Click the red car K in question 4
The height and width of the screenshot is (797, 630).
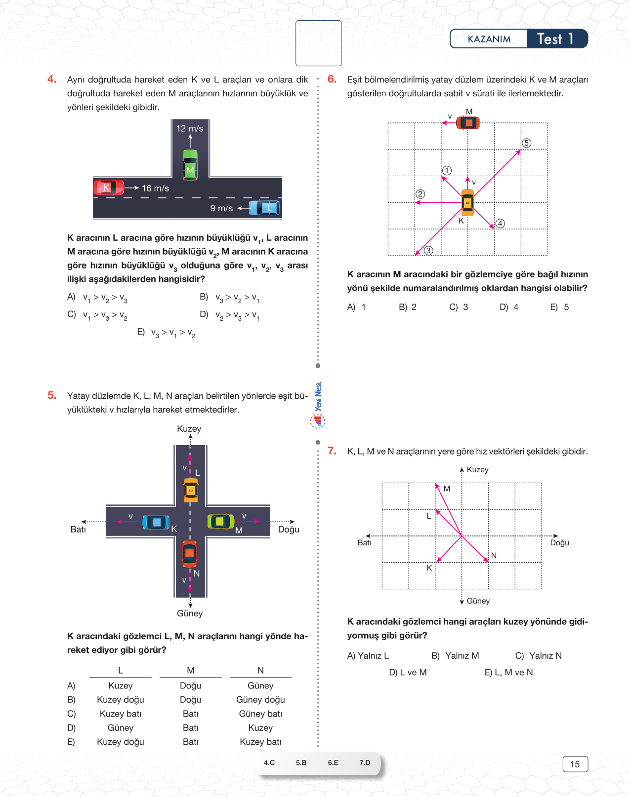coord(109,188)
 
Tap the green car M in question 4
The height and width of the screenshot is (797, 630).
coord(190,165)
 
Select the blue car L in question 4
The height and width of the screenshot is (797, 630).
coord(265,208)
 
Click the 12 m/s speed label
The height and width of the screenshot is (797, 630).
coord(190,128)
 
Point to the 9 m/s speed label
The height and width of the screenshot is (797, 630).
coord(221,208)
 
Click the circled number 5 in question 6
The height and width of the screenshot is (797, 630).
coord(527,143)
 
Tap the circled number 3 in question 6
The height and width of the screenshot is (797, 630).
coord(428,251)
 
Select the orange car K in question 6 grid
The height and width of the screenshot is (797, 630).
coord(467,202)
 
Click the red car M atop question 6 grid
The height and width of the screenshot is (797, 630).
coord(468,123)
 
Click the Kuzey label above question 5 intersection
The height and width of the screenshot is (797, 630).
coord(189,429)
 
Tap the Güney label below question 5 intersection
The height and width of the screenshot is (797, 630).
coord(190,613)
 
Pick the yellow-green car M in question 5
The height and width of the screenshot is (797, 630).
coord(220,521)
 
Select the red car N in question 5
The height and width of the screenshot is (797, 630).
coord(190,554)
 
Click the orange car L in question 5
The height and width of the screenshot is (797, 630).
coord(191,490)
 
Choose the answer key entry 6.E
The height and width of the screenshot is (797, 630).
coord(333,762)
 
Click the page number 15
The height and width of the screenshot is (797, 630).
coord(575,764)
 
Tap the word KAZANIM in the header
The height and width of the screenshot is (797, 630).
coord(489,39)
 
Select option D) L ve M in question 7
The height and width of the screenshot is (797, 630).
coord(408,672)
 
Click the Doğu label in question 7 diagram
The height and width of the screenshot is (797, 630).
coord(559,543)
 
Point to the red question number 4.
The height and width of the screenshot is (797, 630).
coord(52,79)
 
